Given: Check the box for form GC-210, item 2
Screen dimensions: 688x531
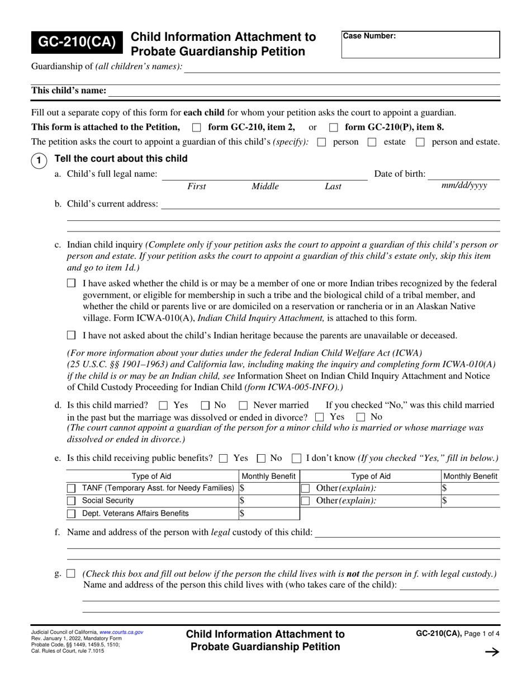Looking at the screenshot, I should click(x=196, y=127).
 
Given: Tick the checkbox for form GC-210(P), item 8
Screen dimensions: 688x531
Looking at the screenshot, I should click(x=334, y=127).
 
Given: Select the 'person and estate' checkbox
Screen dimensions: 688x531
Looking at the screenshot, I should click(x=421, y=142).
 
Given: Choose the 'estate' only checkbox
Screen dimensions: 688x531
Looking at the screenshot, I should click(x=372, y=142).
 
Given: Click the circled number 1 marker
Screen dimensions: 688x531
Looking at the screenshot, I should click(x=38, y=161).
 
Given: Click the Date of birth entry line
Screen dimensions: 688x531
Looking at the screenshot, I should click(x=464, y=175).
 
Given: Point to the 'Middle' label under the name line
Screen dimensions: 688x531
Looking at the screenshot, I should click(x=265, y=187).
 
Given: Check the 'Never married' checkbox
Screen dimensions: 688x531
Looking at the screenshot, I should click(x=243, y=405).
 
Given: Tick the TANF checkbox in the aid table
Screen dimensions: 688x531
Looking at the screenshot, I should click(x=72, y=488).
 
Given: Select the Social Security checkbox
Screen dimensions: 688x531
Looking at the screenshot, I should click(x=72, y=501).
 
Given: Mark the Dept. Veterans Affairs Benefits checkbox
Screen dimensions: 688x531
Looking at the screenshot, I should click(x=72, y=513).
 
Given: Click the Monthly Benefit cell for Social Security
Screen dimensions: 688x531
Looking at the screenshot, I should click(x=269, y=501).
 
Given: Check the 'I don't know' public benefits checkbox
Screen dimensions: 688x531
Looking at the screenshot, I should click(x=297, y=459).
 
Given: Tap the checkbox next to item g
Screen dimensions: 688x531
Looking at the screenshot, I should click(x=71, y=573).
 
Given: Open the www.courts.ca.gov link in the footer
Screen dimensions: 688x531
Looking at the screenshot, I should click(x=121, y=632).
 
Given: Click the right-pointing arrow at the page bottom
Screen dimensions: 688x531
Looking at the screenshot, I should click(x=491, y=652).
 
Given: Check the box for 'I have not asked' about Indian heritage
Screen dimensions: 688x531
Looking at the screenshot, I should click(x=71, y=336).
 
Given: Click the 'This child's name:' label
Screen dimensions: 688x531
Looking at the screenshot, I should click(x=69, y=91).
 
